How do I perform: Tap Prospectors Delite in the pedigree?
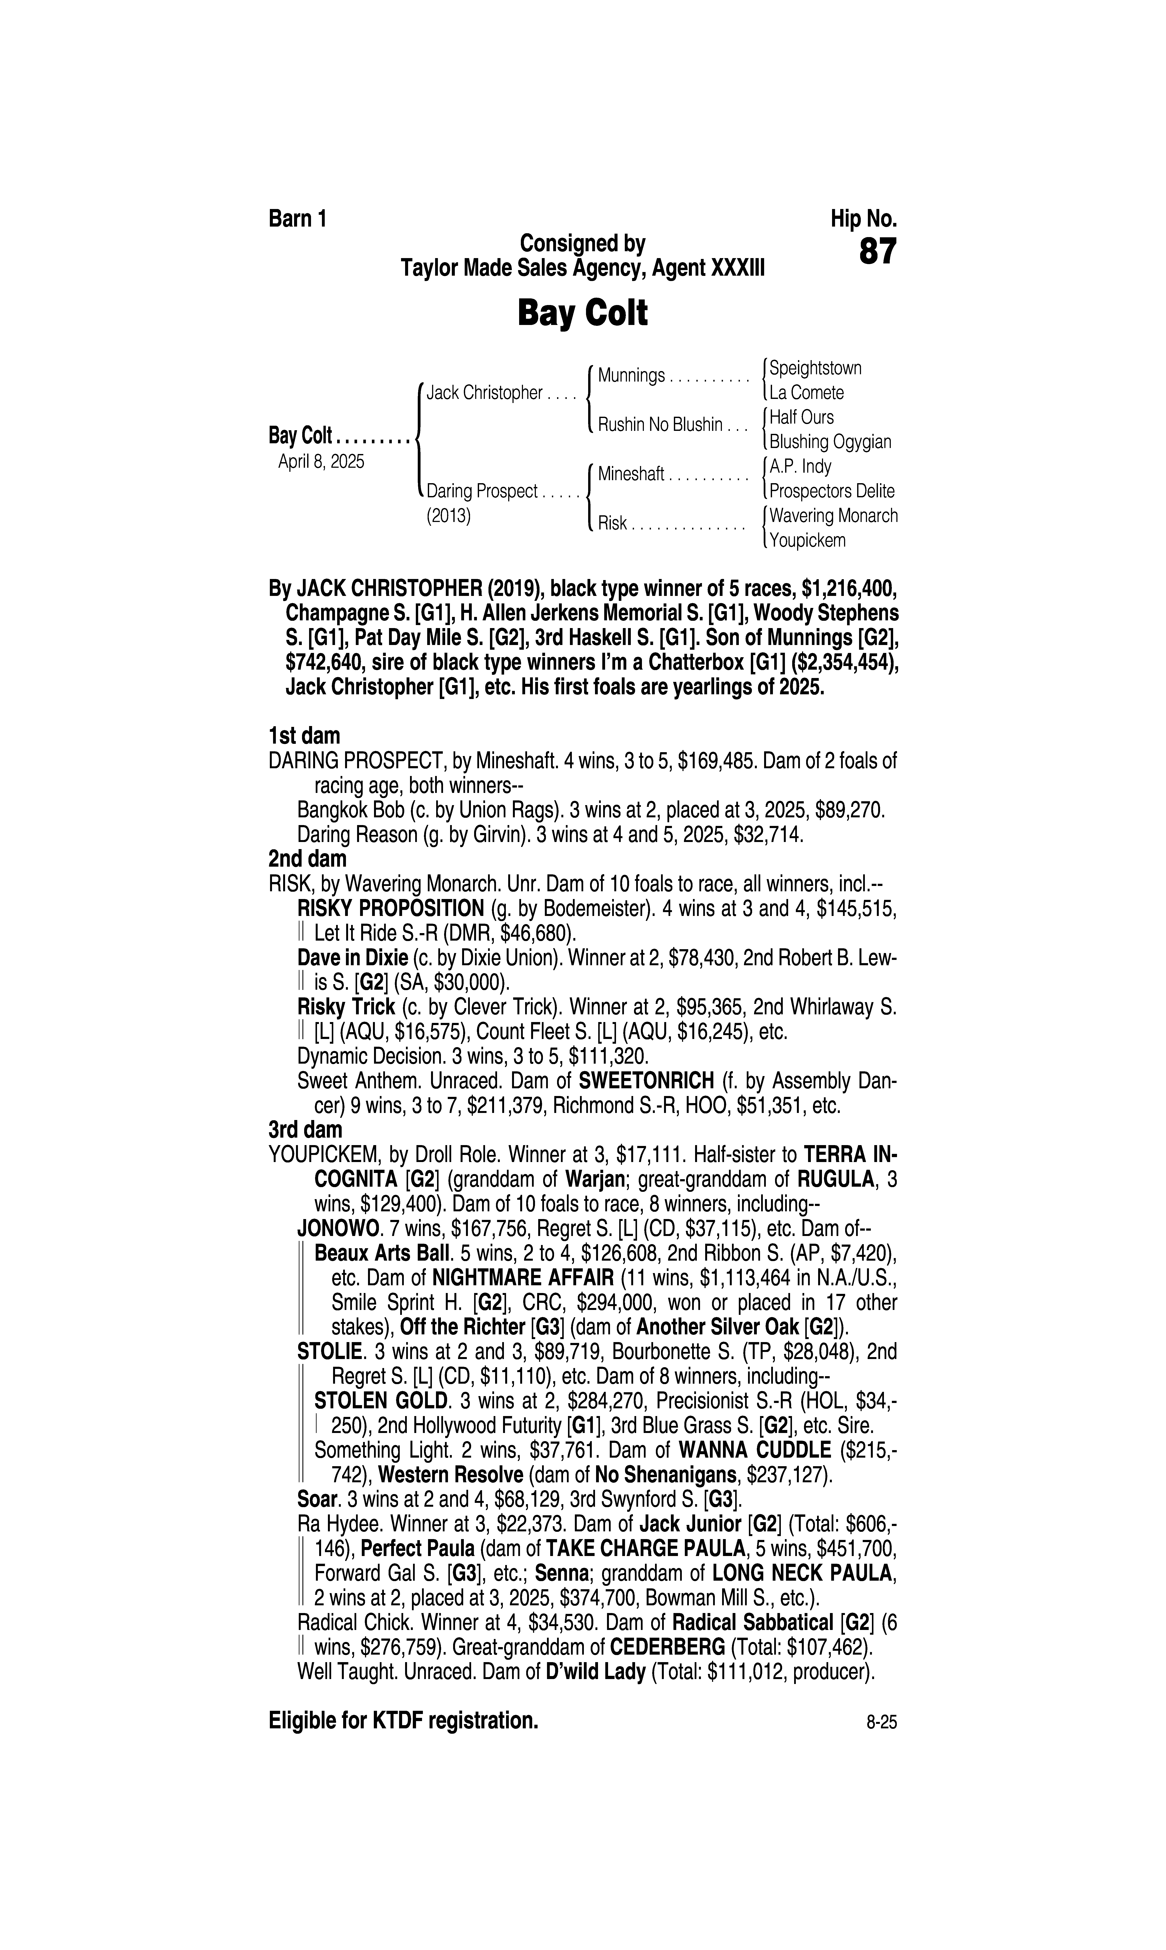pos(831,491)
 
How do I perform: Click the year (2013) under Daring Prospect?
pos(448,516)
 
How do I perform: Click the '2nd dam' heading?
pos(307,859)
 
